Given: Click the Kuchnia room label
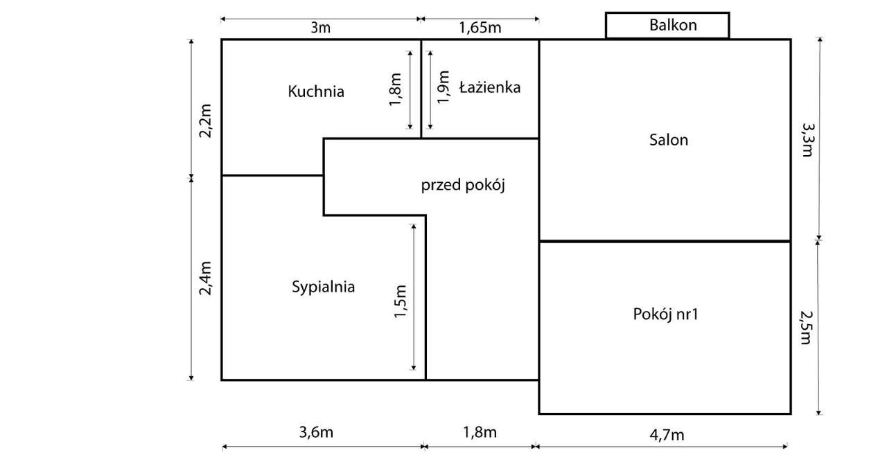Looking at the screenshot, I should click(316, 91).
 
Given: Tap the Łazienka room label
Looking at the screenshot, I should click(489, 88).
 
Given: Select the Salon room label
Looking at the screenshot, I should click(669, 140).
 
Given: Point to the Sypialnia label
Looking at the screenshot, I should click(324, 287).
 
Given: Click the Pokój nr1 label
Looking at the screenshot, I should click(665, 314).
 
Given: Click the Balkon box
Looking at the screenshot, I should click(667, 26).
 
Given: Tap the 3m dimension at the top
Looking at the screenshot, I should click(319, 28).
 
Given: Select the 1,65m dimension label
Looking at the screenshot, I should click(480, 28).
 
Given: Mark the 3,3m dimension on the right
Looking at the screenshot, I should click(807, 140).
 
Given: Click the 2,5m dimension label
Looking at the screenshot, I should click(806, 327).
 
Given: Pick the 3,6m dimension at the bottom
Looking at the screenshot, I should click(316, 433).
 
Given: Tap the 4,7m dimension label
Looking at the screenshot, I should click(667, 434).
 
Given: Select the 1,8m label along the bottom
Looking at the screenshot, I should click(480, 433).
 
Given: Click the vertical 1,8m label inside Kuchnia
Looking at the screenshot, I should click(396, 90).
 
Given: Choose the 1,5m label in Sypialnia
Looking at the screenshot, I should click(401, 302).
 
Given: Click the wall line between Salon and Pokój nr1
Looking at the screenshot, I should click(665, 241).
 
